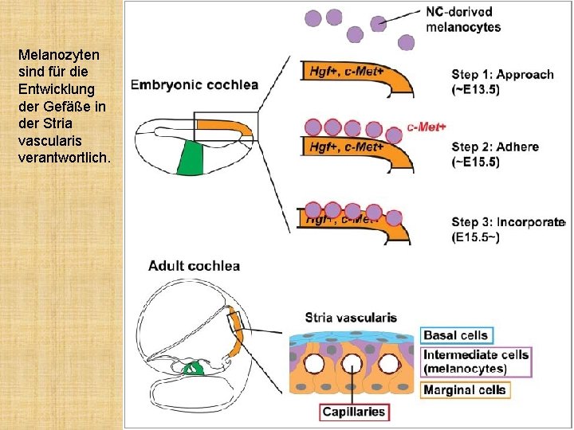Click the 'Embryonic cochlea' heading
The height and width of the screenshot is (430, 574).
[x=194, y=84]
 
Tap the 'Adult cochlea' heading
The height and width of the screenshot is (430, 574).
[x=194, y=265]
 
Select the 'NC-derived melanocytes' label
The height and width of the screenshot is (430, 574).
[x=463, y=19]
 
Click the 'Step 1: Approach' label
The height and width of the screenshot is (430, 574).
[x=502, y=81]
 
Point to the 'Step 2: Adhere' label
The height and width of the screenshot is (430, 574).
[x=495, y=154]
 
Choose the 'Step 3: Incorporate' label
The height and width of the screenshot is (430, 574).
[x=508, y=229]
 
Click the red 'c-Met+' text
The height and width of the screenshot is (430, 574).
[x=427, y=127]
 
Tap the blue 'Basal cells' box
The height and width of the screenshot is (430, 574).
[x=455, y=335]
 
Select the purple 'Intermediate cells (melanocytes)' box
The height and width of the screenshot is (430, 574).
[x=476, y=362]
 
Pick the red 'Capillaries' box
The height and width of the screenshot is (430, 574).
[x=354, y=412]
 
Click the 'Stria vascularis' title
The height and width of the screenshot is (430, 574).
[x=351, y=317]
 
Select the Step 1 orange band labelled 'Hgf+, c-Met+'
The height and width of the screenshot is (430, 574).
[x=351, y=73]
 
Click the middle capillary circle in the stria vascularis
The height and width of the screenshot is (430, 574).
[x=352, y=364]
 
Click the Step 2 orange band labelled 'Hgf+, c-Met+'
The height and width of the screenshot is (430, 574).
[x=351, y=147]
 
